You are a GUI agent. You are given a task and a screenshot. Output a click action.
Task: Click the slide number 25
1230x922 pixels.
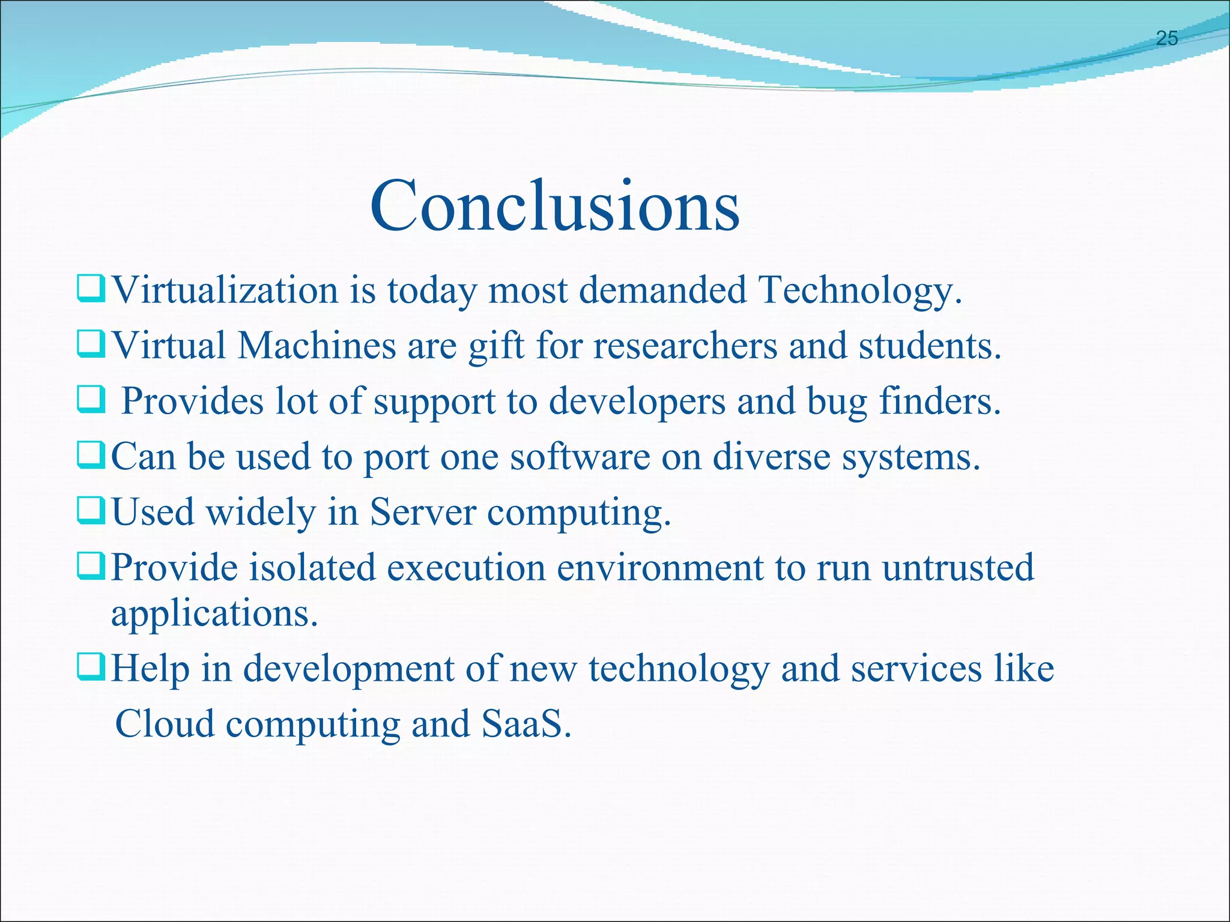pyautogui.click(x=1166, y=38)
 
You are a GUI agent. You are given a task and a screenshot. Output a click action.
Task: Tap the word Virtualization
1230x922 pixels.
pyautogui.click(x=225, y=291)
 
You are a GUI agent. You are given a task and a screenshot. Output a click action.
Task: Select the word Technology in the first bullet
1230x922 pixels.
pyautogui.click(x=859, y=292)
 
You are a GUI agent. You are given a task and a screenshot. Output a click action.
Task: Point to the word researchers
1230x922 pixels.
pyautogui.click(x=685, y=346)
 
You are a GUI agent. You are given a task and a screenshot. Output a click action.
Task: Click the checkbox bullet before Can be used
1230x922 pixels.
pyautogui.click(x=91, y=456)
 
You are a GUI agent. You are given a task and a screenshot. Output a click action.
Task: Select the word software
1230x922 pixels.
pyautogui.click(x=580, y=457)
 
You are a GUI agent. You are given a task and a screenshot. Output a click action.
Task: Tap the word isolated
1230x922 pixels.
pyautogui.click(x=312, y=567)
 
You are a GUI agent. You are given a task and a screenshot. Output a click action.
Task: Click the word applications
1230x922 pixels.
pyautogui.click(x=214, y=615)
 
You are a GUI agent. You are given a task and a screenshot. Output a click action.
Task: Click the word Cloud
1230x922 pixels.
pyautogui.click(x=164, y=723)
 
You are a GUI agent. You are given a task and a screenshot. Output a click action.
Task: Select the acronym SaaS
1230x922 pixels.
pyautogui.click(x=525, y=723)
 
